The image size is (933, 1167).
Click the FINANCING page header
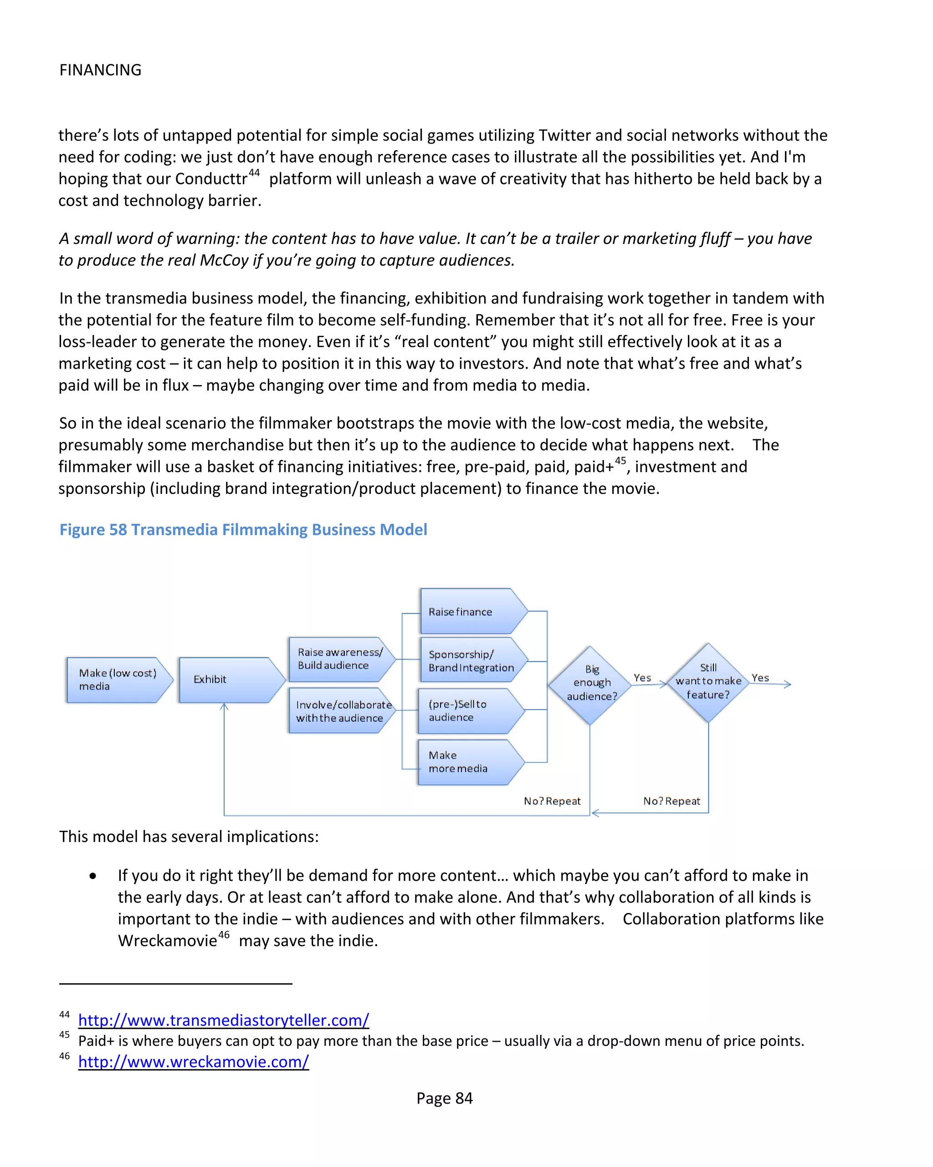pos(100,70)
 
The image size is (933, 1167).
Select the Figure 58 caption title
pos(243,530)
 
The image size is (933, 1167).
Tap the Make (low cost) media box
pos(118,680)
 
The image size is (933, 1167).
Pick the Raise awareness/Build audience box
pos(339,659)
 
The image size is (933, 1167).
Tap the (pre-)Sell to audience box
pos(469,711)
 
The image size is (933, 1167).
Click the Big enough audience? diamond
pos(591,684)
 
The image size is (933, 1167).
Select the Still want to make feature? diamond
pos(708,682)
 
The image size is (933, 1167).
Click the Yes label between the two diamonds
pos(642,678)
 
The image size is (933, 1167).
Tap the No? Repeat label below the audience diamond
pos(552,801)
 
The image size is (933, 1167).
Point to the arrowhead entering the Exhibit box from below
pos(224,707)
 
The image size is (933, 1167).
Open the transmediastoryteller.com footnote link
pos(224,1020)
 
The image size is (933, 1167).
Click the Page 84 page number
pos(444,1098)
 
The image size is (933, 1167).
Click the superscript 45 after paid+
pos(620,461)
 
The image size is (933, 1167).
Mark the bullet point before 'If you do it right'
pos(93,876)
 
